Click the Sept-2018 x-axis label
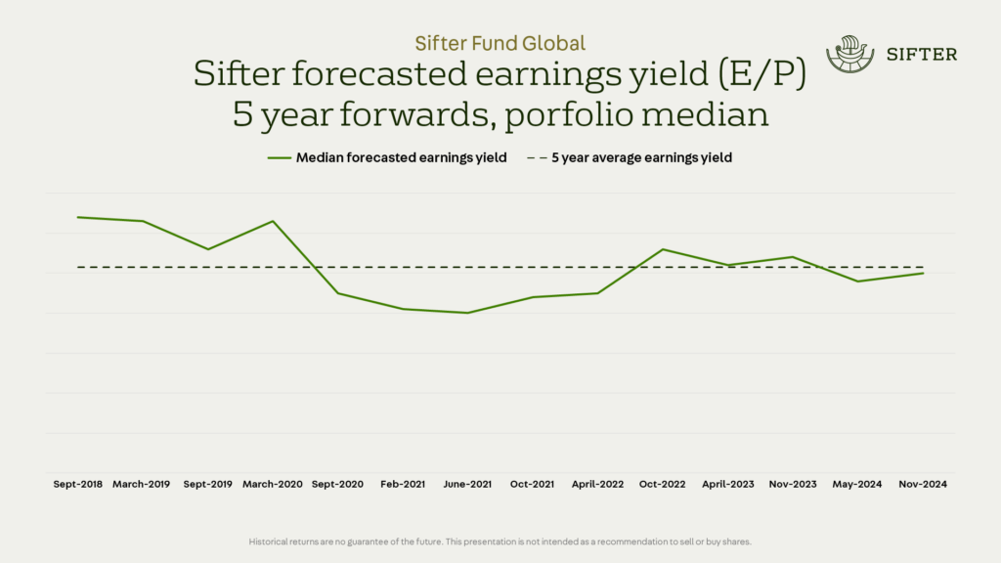tap(77, 484)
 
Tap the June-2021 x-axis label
tap(467, 484)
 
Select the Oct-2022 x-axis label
tap(663, 484)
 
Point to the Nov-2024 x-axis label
tap(924, 484)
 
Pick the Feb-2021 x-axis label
tap(403, 484)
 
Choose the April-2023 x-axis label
tap(728, 484)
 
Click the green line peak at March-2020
tap(273, 221)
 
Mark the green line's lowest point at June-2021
tap(467, 313)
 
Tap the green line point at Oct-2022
tap(663, 249)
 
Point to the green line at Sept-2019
tap(207, 249)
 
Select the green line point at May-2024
tap(858, 281)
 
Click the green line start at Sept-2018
tap(78, 217)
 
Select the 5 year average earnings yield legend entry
tap(630, 157)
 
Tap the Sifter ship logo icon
tap(849, 55)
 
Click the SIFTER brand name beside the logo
tap(922, 55)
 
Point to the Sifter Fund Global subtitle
tap(500, 43)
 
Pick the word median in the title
tap(702, 114)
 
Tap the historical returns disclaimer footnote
tap(500, 541)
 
